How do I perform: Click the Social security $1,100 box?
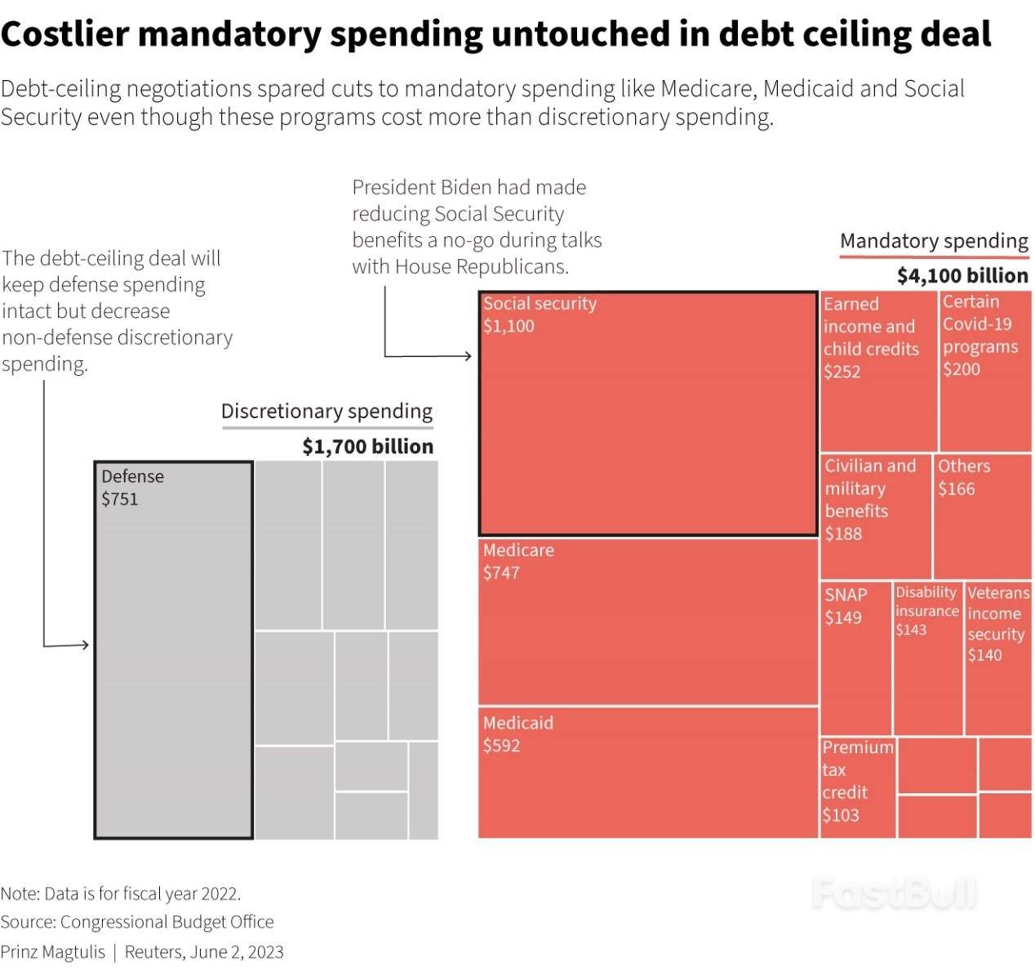click(647, 413)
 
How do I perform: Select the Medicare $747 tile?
click(647, 621)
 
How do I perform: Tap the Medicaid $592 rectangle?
click(647, 773)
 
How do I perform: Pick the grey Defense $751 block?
click(174, 650)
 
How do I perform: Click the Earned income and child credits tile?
click(878, 371)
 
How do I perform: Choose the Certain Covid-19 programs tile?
click(985, 371)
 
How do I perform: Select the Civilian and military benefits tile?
click(875, 516)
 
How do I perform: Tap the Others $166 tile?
click(983, 516)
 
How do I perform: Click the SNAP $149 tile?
click(855, 658)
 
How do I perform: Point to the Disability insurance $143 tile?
click(927, 658)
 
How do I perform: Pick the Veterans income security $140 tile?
click(997, 658)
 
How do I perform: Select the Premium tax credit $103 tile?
click(858, 787)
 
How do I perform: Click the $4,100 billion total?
click(962, 275)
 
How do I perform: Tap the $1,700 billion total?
click(367, 446)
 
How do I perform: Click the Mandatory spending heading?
click(934, 241)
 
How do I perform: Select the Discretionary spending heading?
click(326, 411)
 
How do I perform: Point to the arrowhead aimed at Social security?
click(468, 355)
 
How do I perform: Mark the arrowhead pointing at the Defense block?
click(85, 645)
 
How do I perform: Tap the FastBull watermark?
click(894, 893)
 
